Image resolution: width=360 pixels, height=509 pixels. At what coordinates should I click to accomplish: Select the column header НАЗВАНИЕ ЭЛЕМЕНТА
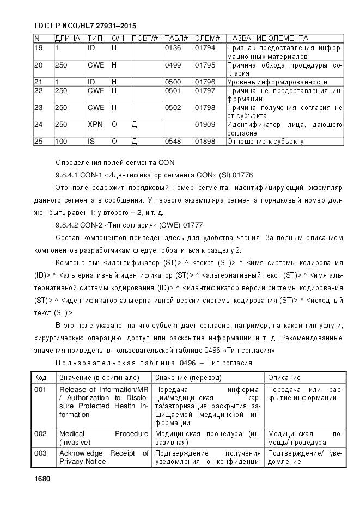(x=267, y=39)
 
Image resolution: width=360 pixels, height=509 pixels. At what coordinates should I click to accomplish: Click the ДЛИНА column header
(x=68, y=39)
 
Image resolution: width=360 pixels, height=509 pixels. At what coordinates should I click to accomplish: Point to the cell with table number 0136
(x=173, y=48)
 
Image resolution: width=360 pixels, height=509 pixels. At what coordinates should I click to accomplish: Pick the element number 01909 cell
(x=205, y=125)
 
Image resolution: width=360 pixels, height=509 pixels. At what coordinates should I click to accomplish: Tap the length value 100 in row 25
(x=61, y=142)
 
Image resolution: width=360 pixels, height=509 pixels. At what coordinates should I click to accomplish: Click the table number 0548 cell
(x=173, y=142)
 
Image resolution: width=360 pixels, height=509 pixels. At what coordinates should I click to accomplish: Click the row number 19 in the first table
(x=38, y=48)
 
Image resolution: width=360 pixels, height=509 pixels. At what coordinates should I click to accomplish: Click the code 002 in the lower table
(x=40, y=434)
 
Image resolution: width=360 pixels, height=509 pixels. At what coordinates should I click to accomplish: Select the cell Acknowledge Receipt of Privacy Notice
(x=103, y=457)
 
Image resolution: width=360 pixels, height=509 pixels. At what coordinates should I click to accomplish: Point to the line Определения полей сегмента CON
(x=115, y=162)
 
